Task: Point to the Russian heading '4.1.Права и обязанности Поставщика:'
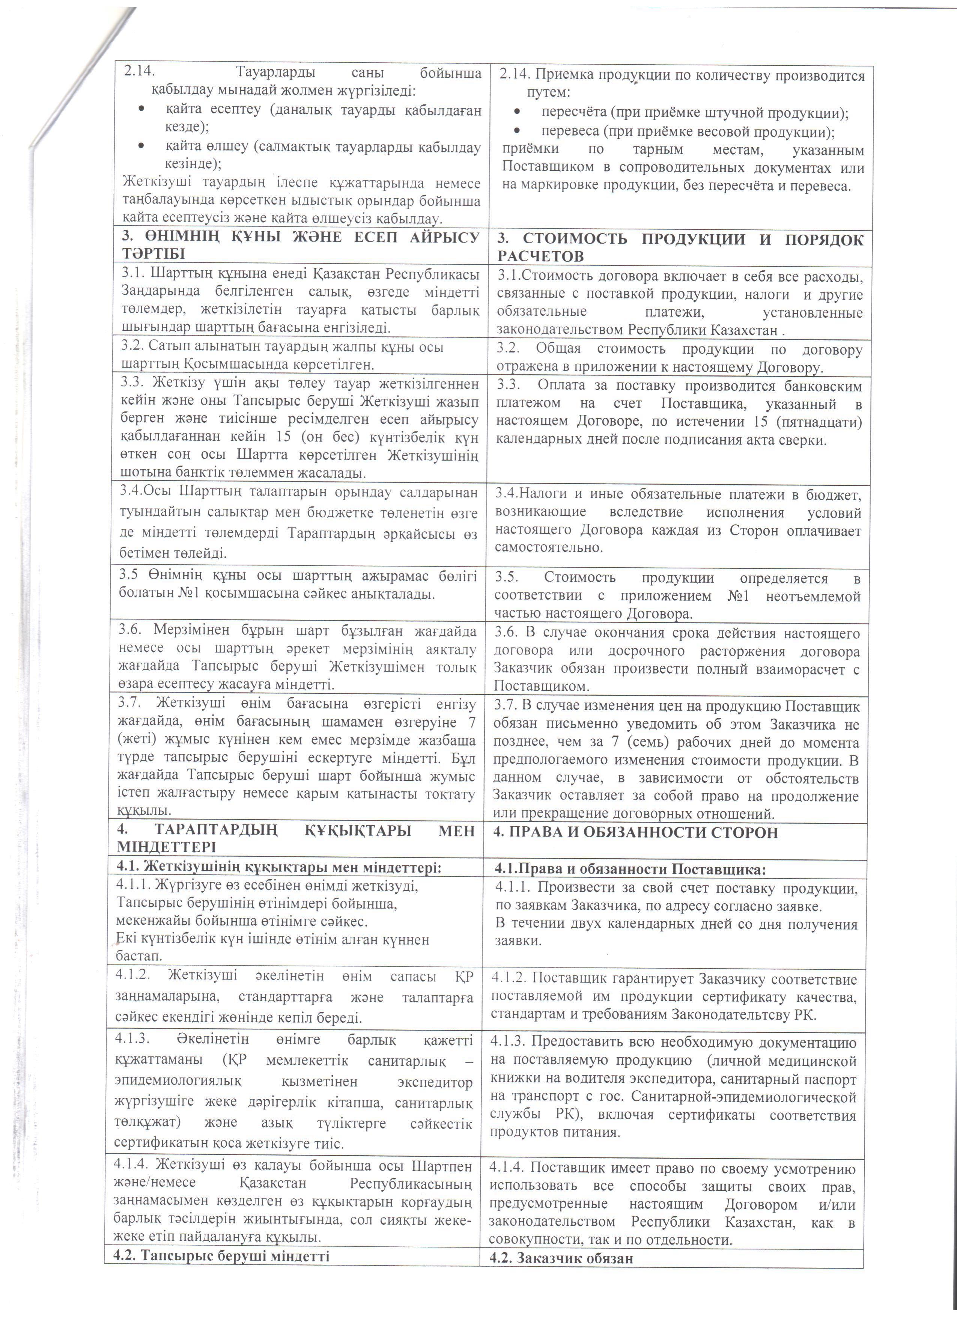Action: [x=630, y=869]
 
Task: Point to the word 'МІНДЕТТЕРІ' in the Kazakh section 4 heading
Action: [x=166, y=847]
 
